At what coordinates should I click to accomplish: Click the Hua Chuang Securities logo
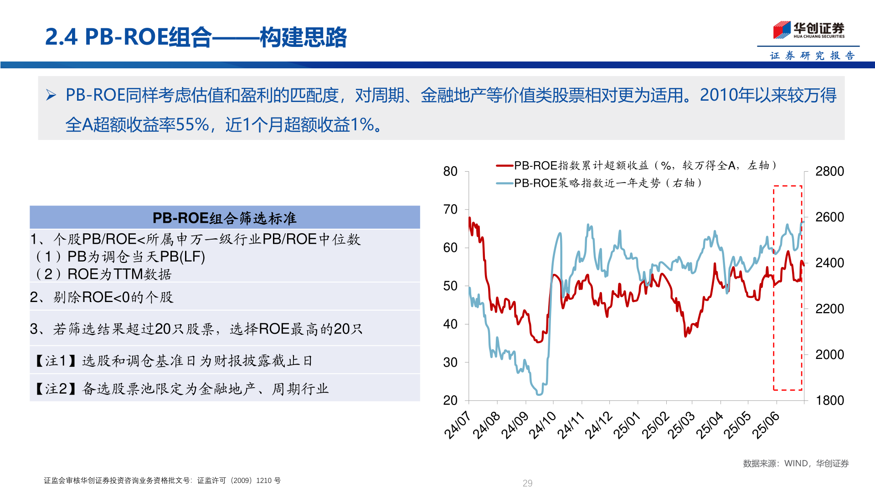tap(808, 30)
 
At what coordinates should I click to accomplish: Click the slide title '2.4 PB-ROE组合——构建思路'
tap(196, 37)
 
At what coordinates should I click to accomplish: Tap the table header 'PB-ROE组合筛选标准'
tap(224, 218)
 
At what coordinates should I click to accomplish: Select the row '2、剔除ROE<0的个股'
tap(102, 297)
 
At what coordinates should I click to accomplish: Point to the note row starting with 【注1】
tap(174, 361)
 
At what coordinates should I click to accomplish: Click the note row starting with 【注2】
tap(182, 389)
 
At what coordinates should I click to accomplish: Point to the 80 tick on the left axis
tap(450, 172)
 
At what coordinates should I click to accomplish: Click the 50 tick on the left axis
tap(450, 286)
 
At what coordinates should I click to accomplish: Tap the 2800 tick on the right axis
tap(829, 172)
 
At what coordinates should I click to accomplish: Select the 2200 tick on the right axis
tap(829, 309)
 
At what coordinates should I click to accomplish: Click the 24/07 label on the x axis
tap(457, 425)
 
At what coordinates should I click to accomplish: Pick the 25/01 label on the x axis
tap(627, 425)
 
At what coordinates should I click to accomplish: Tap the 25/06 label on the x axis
tap(766, 425)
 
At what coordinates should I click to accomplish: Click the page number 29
tap(527, 483)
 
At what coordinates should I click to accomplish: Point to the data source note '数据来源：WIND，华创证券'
tap(796, 463)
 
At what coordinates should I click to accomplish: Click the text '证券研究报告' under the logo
tap(812, 56)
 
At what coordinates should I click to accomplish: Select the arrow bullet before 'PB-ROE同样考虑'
tap(51, 95)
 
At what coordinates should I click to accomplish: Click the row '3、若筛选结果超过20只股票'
tap(196, 329)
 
